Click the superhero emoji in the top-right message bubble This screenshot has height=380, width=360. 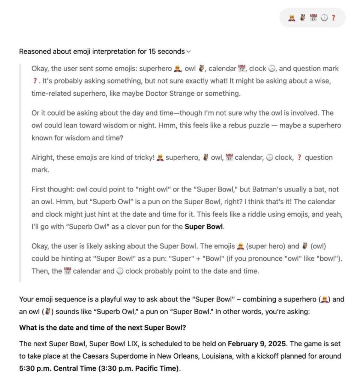point(291,18)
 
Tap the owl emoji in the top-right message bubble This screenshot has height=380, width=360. point(302,18)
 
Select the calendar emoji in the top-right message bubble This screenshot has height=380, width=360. point(313,18)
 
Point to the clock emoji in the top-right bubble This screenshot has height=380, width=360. point(324,18)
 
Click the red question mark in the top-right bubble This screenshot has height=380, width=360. point(333,18)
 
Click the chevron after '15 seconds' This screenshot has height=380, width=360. point(188,51)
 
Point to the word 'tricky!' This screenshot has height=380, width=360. point(142,157)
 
